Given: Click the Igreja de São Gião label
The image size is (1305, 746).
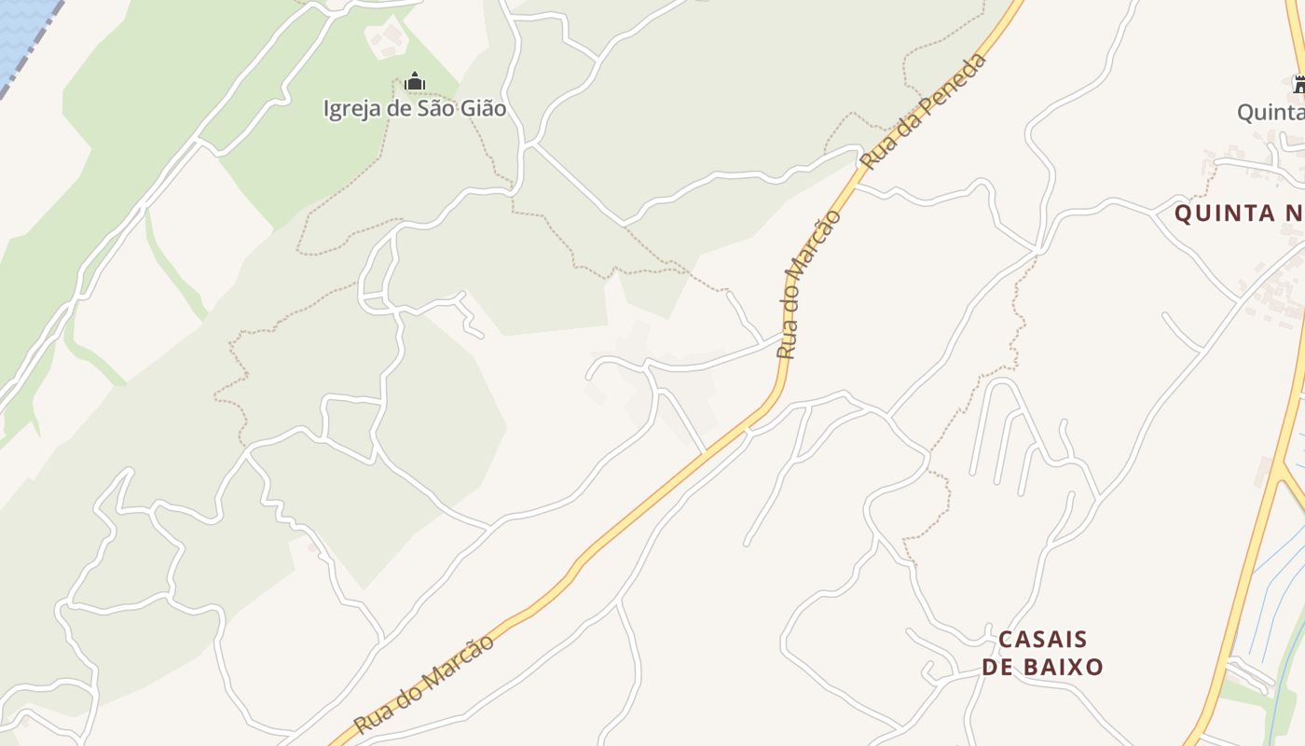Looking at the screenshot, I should tap(415, 108).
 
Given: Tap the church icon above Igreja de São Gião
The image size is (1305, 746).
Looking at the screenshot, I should tap(415, 83).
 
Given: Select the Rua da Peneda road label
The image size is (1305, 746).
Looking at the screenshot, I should tap(923, 112).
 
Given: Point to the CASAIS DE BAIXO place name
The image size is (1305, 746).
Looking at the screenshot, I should tap(1042, 653).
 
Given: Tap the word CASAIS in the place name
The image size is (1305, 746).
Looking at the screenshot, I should tap(1042, 640).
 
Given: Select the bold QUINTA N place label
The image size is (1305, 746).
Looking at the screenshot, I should tap(1239, 214).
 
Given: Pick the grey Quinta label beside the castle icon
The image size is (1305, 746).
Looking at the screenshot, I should tap(1270, 113).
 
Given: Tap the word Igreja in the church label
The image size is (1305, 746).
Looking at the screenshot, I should tap(352, 108).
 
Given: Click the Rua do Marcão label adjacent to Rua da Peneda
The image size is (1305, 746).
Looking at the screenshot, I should tap(809, 284).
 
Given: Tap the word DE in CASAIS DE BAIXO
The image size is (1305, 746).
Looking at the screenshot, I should tap(996, 667).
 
